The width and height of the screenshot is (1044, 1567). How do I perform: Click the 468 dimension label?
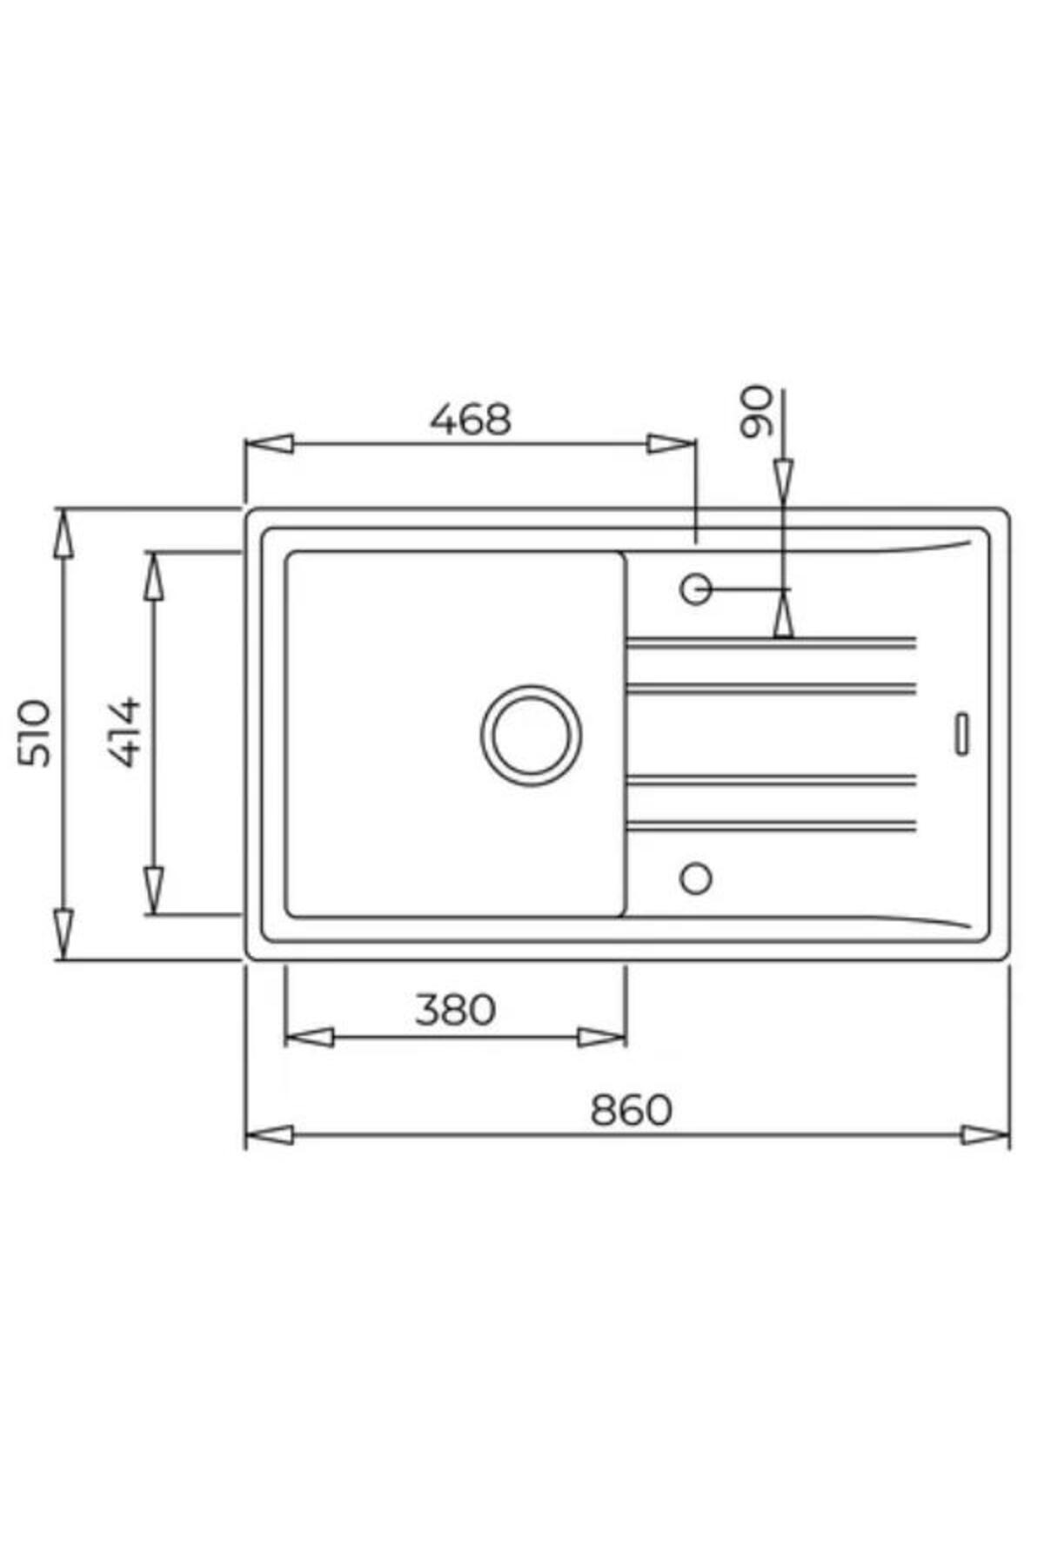pyautogui.click(x=471, y=419)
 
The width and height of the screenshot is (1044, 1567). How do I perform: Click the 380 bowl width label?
pyautogui.click(x=455, y=1010)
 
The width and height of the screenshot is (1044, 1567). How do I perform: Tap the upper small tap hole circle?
pyautogui.click(x=695, y=589)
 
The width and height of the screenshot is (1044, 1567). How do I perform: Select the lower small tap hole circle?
pyautogui.click(x=695, y=878)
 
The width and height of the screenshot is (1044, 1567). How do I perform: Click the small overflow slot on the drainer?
pyautogui.click(x=962, y=733)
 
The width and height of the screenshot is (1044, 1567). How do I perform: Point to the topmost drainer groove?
pyautogui.click(x=770, y=642)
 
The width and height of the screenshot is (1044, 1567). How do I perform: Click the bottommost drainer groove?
pyautogui.click(x=770, y=824)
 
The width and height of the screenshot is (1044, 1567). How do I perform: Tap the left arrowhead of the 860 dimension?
pyautogui.click(x=269, y=1135)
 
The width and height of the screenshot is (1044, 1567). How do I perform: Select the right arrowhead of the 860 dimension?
pyautogui.click(x=986, y=1135)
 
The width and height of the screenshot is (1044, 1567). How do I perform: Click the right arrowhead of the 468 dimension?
pyautogui.click(x=672, y=444)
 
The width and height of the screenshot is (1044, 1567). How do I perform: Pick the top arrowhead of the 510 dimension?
pyautogui.click(x=63, y=533)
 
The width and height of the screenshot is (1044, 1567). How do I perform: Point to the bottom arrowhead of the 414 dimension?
pyautogui.click(x=154, y=889)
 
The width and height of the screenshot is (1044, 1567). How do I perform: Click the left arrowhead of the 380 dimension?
pyautogui.click(x=309, y=1037)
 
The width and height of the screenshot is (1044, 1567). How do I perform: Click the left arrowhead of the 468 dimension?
pyautogui.click(x=269, y=444)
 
